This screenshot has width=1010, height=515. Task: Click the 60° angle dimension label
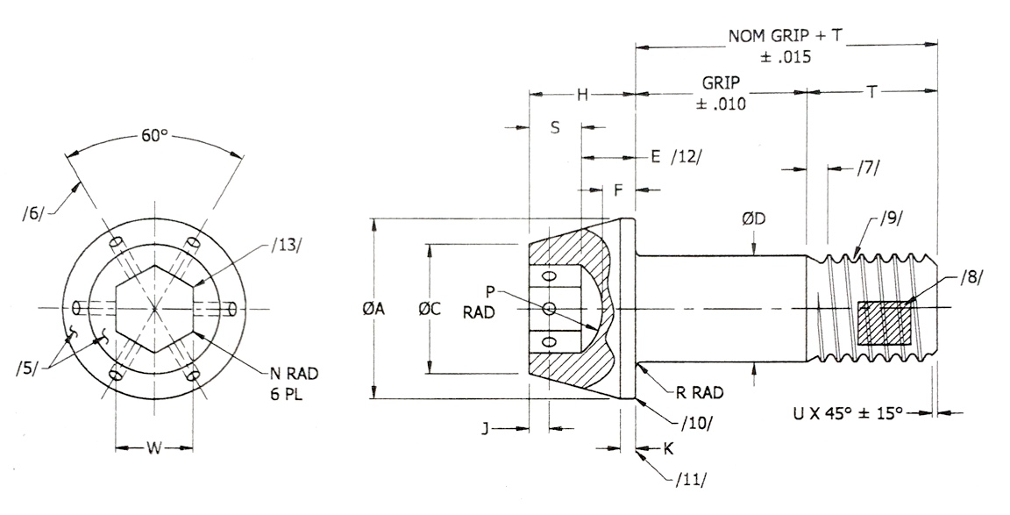click(x=154, y=136)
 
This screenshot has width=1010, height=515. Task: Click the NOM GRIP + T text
click(x=785, y=37)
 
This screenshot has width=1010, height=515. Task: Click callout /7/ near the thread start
click(x=867, y=168)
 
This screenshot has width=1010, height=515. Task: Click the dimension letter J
click(x=485, y=428)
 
